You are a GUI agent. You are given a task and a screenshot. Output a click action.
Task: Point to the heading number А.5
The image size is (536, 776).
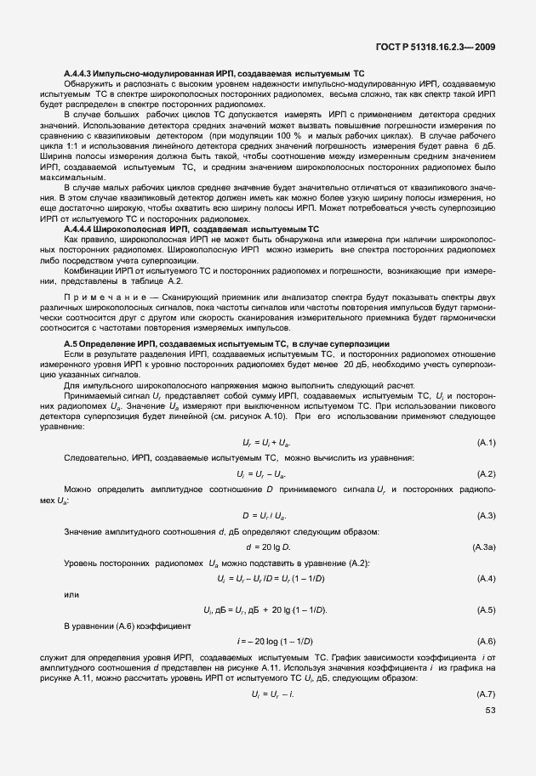(72, 342)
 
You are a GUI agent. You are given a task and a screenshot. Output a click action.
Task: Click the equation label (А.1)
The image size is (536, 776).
(486, 443)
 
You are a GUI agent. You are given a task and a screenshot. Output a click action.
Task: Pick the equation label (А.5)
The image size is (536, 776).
(486, 610)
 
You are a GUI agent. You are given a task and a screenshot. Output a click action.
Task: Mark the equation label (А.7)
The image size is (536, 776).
(486, 695)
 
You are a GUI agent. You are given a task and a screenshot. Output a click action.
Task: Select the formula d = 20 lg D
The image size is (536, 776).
(268, 547)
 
